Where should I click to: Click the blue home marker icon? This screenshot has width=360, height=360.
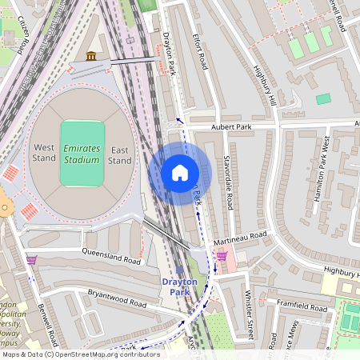180,173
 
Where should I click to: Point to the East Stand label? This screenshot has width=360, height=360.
120,154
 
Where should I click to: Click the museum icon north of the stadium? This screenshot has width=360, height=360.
91,56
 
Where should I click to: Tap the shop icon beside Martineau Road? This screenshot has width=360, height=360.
222,255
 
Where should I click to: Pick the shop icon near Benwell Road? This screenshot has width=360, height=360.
31,259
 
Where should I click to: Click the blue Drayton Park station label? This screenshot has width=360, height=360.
180,286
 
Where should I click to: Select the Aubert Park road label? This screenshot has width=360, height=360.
231,126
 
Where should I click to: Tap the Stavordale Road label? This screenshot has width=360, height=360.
227,182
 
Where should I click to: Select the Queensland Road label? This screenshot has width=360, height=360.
111,256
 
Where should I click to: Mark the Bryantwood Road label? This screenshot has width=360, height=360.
117,298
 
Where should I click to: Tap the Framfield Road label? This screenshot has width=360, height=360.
302,306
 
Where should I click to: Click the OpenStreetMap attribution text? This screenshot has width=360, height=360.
80,354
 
